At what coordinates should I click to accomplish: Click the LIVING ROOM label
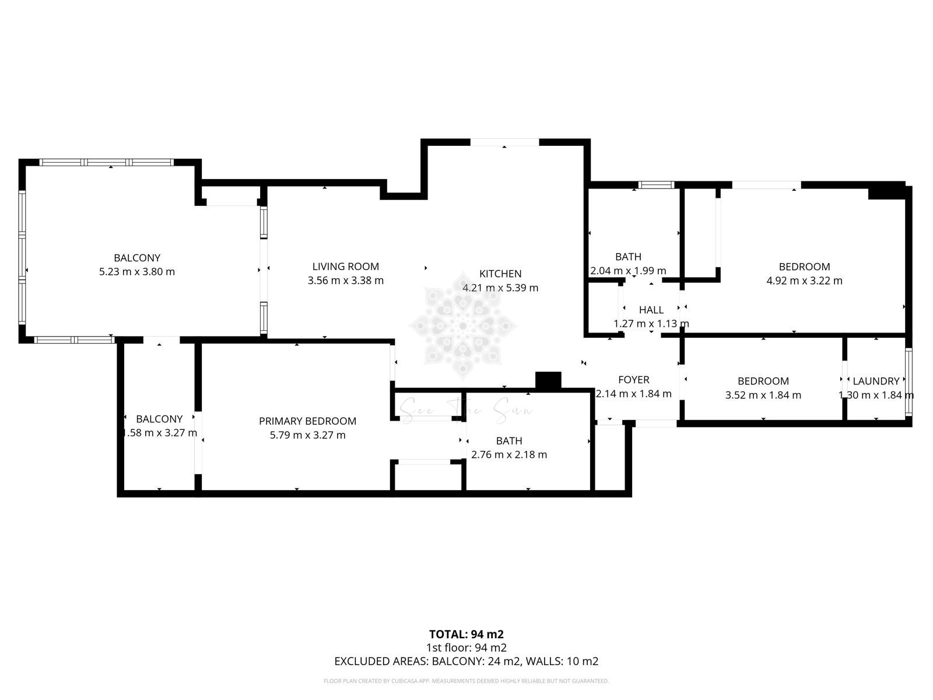pos(345,267)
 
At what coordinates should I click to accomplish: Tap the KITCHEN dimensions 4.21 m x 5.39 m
pos(500,288)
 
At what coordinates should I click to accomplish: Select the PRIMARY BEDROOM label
pos(307,421)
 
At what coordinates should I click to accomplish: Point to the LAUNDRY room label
pos(876,381)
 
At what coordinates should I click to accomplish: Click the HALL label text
pos(651,310)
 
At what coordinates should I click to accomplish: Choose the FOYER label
pos(633,380)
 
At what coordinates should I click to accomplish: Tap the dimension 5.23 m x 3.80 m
pos(137,271)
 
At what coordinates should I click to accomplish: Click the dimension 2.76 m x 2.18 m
pos(509,454)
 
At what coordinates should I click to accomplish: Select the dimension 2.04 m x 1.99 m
pos(628,271)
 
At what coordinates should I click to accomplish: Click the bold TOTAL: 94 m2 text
pos(466,634)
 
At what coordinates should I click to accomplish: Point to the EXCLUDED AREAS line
pos(466,661)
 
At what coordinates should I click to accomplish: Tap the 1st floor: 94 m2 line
pos(466,647)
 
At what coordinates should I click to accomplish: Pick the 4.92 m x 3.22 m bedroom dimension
pos(804,281)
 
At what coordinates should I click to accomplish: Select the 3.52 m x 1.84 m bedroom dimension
pos(763,395)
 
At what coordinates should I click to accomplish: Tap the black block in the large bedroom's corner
pos(885,191)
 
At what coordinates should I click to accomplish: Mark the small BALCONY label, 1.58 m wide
pos(159,419)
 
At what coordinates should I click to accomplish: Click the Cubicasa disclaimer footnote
pos(466,681)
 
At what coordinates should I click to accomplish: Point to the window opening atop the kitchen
pos(504,142)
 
